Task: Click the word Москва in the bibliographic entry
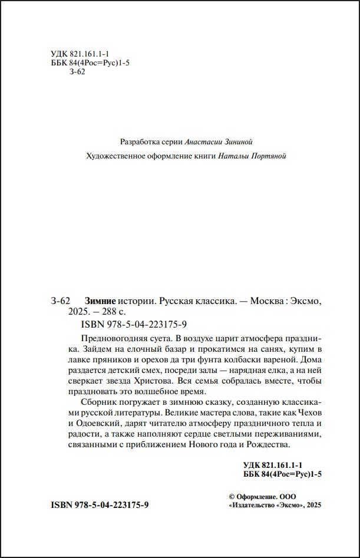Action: [266, 301]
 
